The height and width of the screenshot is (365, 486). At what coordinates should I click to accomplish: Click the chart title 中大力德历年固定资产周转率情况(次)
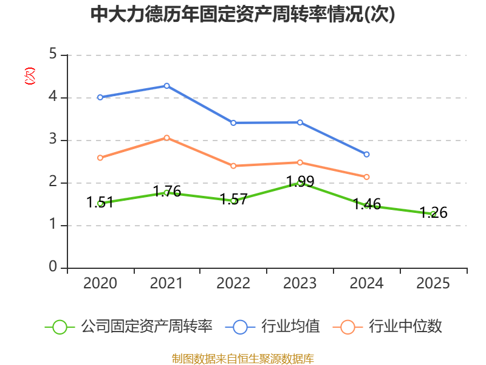click(x=242, y=15)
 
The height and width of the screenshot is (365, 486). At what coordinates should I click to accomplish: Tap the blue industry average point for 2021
click(x=166, y=86)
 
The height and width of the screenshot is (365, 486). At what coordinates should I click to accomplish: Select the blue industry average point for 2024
click(x=366, y=155)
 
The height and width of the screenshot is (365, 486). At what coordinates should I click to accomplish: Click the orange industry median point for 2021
click(x=166, y=137)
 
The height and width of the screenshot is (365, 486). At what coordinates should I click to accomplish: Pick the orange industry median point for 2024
click(x=366, y=177)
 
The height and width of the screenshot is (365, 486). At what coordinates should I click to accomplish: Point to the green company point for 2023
click(x=299, y=182)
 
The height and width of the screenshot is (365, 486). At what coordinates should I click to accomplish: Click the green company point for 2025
click(x=433, y=214)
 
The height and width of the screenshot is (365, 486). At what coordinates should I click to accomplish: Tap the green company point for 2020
click(x=100, y=203)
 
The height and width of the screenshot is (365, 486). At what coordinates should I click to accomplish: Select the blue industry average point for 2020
click(x=100, y=97)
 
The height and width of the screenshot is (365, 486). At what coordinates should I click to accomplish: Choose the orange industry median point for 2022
click(x=233, y=165)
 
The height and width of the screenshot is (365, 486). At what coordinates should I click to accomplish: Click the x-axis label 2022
click(x=233, y=283)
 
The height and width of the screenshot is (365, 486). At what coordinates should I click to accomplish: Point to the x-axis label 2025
click(x=433, y=283)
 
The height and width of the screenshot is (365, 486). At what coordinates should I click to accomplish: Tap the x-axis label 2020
click(x=100, y=283)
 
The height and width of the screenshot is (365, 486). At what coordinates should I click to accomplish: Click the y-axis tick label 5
click(x=53, y=55)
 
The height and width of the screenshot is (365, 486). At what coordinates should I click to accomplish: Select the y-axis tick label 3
click(x=53, y=140)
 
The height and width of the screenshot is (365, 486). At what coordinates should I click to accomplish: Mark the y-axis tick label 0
click(x=53, y=268)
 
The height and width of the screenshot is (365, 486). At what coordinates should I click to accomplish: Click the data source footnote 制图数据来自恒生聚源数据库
click(x=242, y=358)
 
